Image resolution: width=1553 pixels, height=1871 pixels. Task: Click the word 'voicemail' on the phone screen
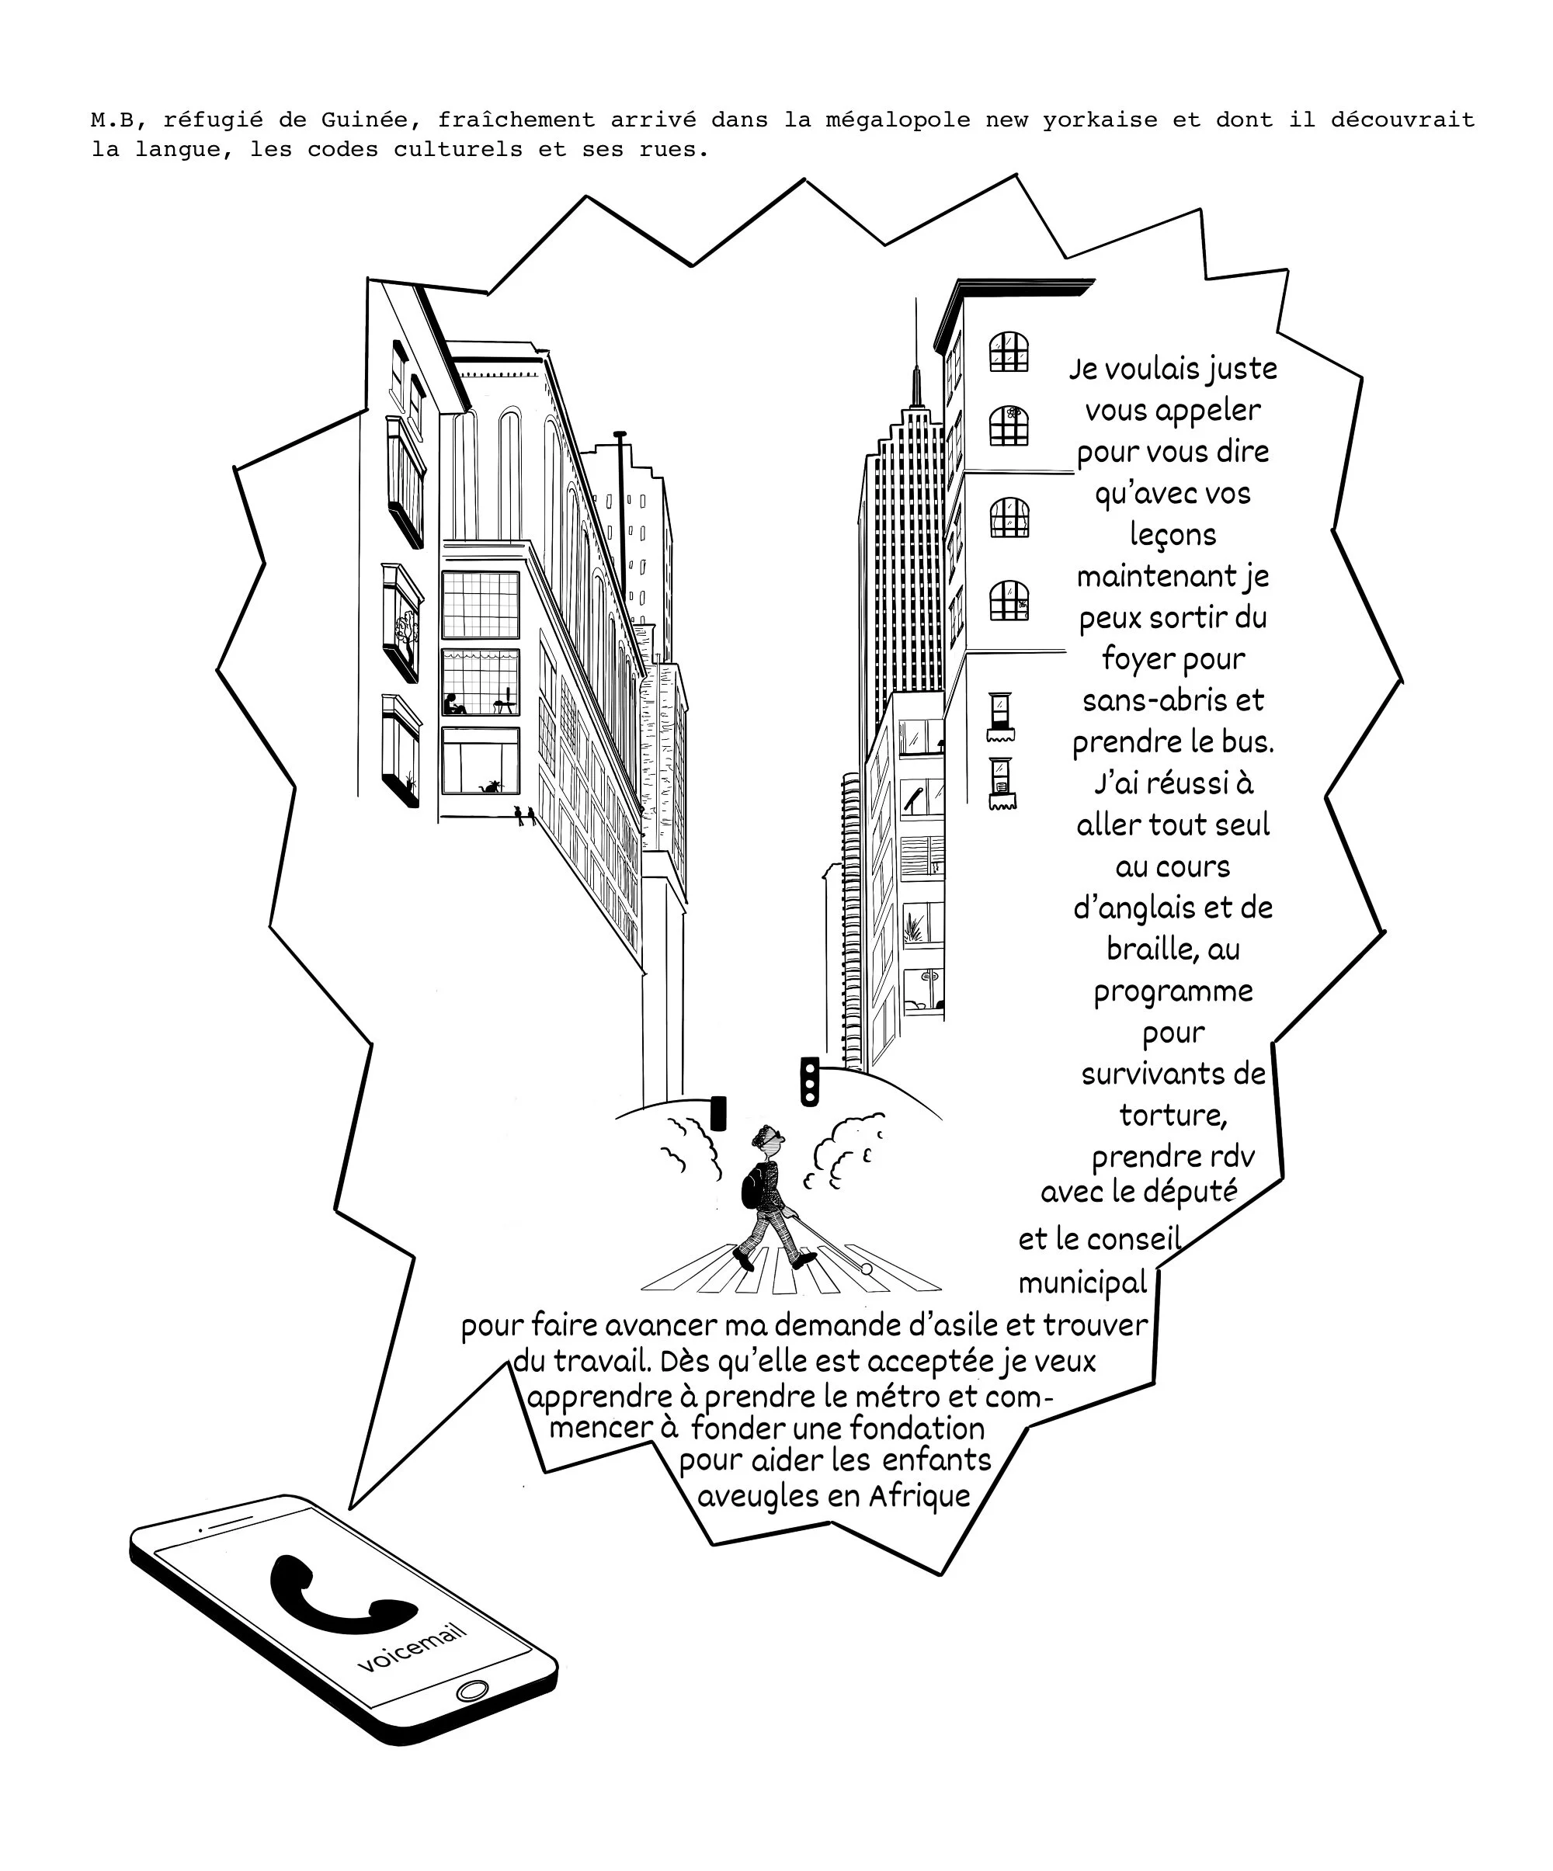(x=412, y=1647)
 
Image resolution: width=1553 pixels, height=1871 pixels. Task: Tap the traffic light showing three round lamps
(x=809, y=1081)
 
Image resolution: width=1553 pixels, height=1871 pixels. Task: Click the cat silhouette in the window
(x=489, y=786)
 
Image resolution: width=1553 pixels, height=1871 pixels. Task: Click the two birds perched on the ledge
(x=525, y=815)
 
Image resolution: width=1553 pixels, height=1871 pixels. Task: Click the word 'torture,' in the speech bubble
(x=1173, y=1116)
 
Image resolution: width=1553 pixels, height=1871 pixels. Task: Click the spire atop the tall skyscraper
(x=915, y=356)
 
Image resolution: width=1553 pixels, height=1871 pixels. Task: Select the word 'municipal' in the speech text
(x=1082, y=1283)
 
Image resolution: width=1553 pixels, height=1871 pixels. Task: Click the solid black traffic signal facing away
(x=718, y=1113)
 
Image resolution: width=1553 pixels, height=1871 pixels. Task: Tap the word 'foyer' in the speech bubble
(x=1135, y=660)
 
